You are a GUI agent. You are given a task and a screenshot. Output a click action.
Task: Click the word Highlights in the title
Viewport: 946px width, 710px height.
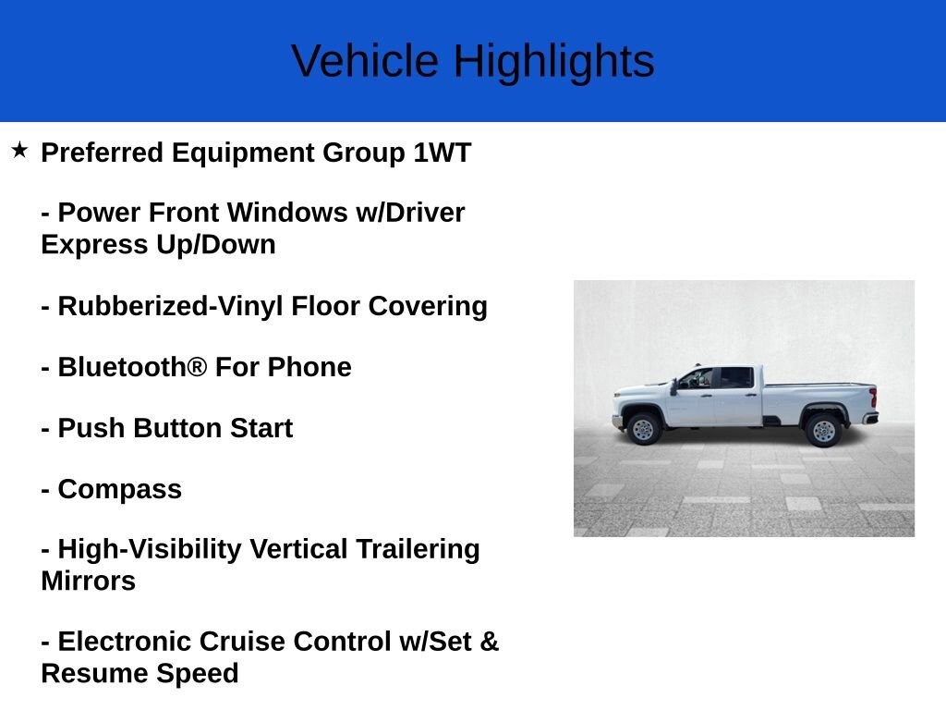click(x=553, y=62)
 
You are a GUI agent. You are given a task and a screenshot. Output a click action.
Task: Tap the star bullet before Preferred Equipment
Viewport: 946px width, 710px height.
click(x=20, y=150)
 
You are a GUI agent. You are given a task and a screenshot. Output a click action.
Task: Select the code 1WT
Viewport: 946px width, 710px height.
click(x=442, y=153)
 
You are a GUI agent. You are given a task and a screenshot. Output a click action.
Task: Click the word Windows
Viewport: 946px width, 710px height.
click(x=287, y=213)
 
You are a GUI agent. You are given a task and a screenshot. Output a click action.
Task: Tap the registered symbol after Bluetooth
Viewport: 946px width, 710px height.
click(x=197, y=367)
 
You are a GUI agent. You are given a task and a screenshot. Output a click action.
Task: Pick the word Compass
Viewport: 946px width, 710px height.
click(x=119, y=489)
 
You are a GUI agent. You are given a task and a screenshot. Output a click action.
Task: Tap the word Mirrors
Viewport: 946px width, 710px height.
click(x=89, y=581)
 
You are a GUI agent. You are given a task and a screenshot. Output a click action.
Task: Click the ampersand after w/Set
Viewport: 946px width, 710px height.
click(x=489, y=642)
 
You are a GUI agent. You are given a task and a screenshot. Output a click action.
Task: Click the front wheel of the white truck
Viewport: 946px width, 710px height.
click(x=643, y=429)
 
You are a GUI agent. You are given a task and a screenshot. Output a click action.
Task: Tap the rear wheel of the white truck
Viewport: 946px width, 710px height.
click(x=821, y=430)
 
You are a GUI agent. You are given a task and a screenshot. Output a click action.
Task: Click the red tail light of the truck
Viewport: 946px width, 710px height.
click(x=873, y=398)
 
